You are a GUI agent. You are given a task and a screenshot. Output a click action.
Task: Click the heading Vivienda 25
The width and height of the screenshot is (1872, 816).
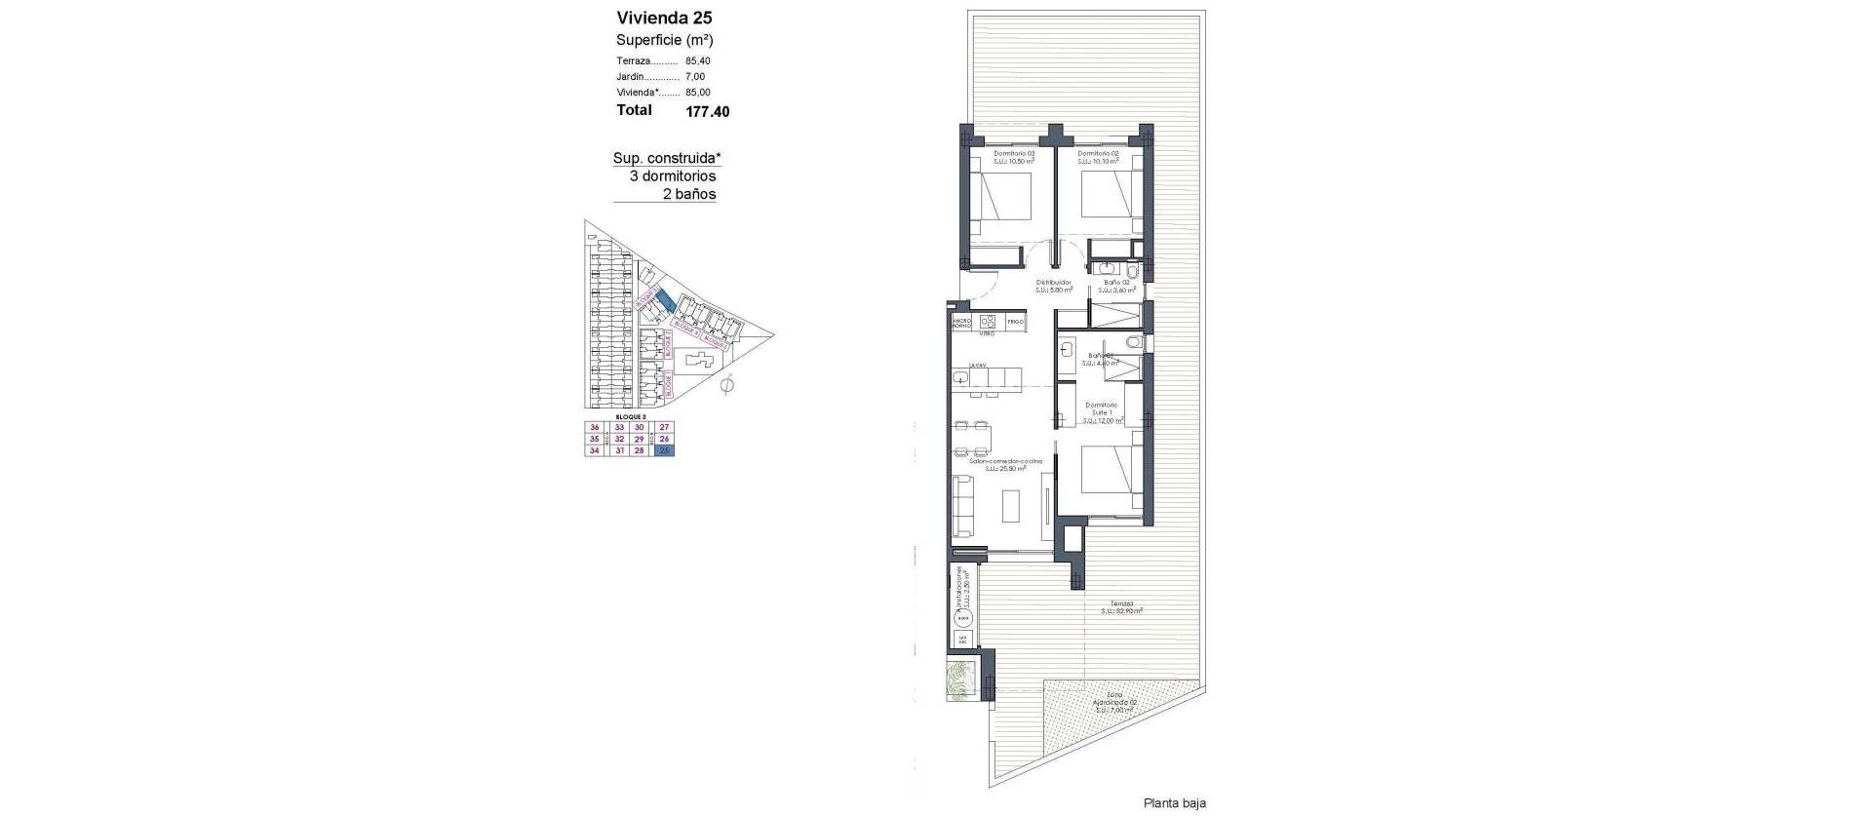pos(664,17)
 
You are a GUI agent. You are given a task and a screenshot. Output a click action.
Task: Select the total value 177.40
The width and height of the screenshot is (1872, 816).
pos(707,111)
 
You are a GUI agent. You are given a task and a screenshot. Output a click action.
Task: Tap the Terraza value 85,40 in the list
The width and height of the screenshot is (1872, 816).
pos(697,60)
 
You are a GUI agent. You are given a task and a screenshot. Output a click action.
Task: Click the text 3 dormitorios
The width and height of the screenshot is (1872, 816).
pos(673,176)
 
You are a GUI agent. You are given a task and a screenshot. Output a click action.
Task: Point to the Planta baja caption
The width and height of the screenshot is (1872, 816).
pos(1174,803)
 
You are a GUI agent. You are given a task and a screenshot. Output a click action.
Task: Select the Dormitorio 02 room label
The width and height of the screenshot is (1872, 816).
pos(1097,153)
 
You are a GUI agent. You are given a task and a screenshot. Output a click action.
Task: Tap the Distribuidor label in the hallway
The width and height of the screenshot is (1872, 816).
pos(1053,283)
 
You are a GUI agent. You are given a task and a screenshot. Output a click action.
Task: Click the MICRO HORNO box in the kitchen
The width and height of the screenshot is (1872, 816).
pos(961,324)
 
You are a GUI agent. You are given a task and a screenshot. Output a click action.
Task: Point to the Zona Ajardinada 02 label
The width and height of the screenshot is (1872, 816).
pos(1116,701)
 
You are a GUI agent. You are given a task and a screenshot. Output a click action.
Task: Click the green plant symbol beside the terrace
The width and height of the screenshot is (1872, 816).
pos(961,679)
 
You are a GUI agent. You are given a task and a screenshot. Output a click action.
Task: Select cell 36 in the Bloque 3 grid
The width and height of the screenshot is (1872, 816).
pos(594,428)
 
